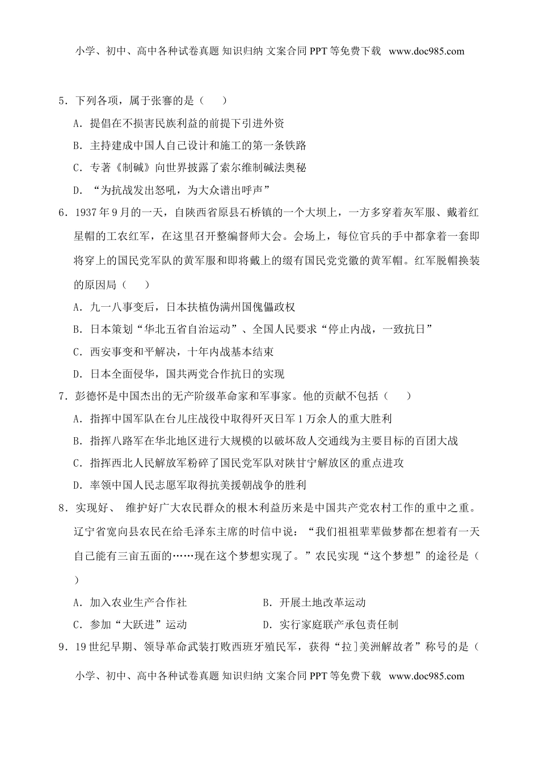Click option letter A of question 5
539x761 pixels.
click(x=77, y=124)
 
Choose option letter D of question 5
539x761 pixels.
click(x=77, y=189)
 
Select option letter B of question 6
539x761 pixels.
click(x=77, y=329)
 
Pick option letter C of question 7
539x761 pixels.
click(x=77, y=463)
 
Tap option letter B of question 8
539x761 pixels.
click(x=267, y=602)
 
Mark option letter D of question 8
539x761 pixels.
click(x=267, y=624)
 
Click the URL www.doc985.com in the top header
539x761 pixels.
click(x=427, y=51)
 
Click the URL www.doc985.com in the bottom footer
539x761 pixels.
click(x=427, y=675)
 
